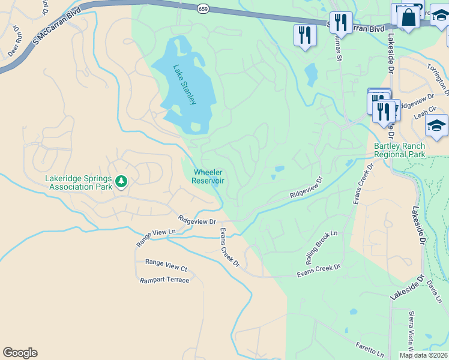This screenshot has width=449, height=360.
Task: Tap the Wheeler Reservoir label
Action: coord(208,176)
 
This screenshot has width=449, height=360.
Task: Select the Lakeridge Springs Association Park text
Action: coord(79,182)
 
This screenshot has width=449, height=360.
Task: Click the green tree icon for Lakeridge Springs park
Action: coord(121,181)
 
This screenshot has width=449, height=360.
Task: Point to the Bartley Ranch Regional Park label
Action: coord(399,150)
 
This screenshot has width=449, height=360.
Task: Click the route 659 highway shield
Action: coord(203,8)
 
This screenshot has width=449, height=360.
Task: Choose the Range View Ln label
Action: coord(156,237)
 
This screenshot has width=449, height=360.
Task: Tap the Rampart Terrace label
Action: coord(164,280)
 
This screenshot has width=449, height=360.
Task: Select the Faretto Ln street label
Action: coord(368,349)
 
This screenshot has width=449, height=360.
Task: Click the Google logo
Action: coord(20,353)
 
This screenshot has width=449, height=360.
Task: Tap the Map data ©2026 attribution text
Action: coord(424,355)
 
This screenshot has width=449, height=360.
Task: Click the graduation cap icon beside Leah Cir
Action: coord(436,125)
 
